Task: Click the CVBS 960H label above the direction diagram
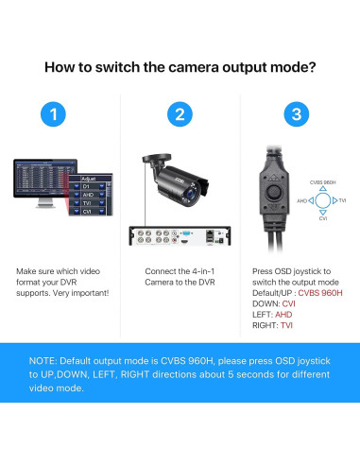pyautogui.click(x=323, y=181)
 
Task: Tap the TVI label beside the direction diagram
pyautogui.click(x=342, y=200)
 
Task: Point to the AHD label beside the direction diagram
pyautogui.click(x=302, y=200)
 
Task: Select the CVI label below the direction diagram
pyautogui.click(x=323, y=218)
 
